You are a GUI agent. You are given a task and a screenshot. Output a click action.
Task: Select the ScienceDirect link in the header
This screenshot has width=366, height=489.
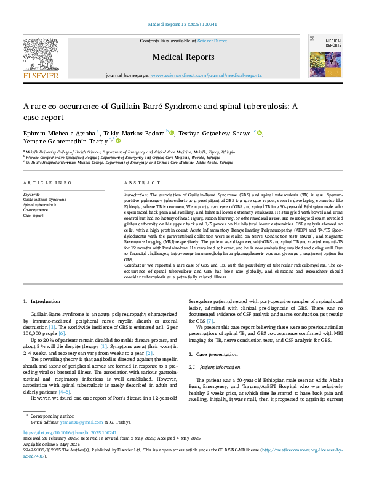212,41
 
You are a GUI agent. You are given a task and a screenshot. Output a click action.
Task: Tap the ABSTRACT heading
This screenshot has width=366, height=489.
138,183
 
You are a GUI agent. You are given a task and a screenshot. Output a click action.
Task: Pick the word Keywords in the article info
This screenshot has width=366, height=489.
31,194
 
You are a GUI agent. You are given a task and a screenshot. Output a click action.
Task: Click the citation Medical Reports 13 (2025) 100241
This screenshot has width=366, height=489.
183,25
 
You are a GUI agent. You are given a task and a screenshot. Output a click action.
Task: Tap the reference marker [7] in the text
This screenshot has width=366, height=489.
210,321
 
